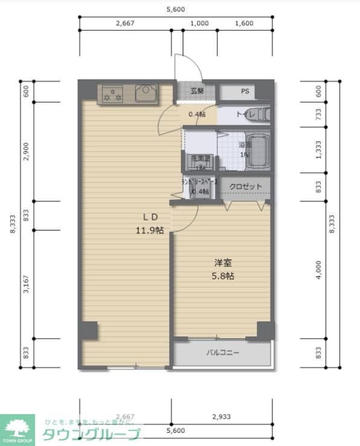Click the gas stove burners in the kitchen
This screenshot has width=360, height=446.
pyautogui.click(x=112, y=94)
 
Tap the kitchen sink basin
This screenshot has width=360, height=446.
pyautogui.click(x=146, y=94)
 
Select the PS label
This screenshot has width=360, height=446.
pyautogui.click(x=245, y=92)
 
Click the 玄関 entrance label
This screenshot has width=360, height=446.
pyautogui.click(x=197, y=92)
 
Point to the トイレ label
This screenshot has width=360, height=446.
pyautogui.click(x=246, y=114)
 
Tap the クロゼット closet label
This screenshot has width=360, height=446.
pyautogui.click(x=246, y=186)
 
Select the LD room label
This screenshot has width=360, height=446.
pyautogui.click(x=150, y=217)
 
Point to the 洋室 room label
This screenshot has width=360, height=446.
pyautogui.click(x=223, y=263)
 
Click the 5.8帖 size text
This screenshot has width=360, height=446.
pyautogui.click(x=223, y=276)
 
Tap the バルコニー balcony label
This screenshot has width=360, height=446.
pyautogui.click(x=223, y=353)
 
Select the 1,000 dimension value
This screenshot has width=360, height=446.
pyautogui.click(x=199, y=24)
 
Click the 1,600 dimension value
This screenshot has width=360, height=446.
pyautogui.click(x=244, y=24)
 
